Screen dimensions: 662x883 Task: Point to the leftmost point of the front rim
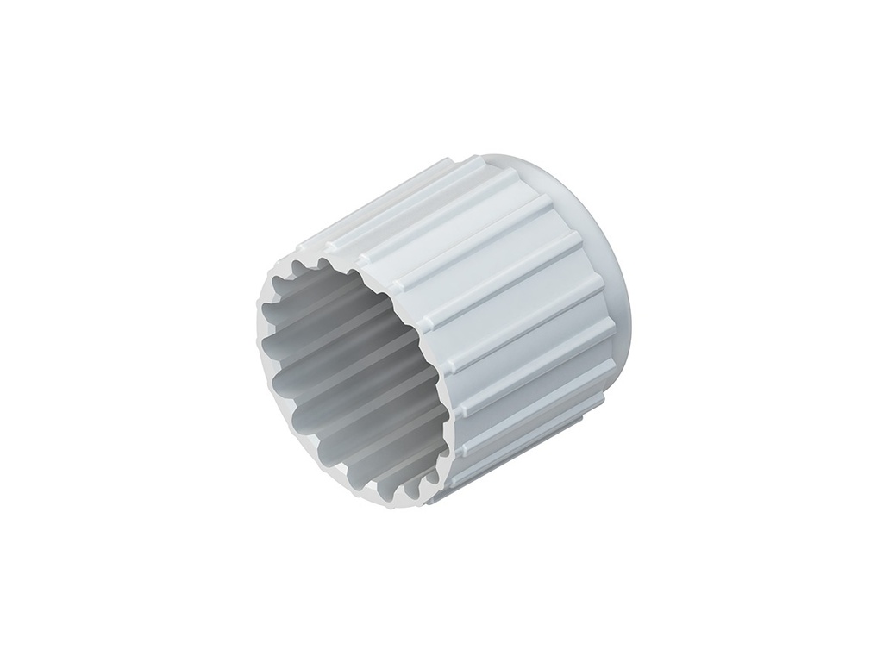256,336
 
